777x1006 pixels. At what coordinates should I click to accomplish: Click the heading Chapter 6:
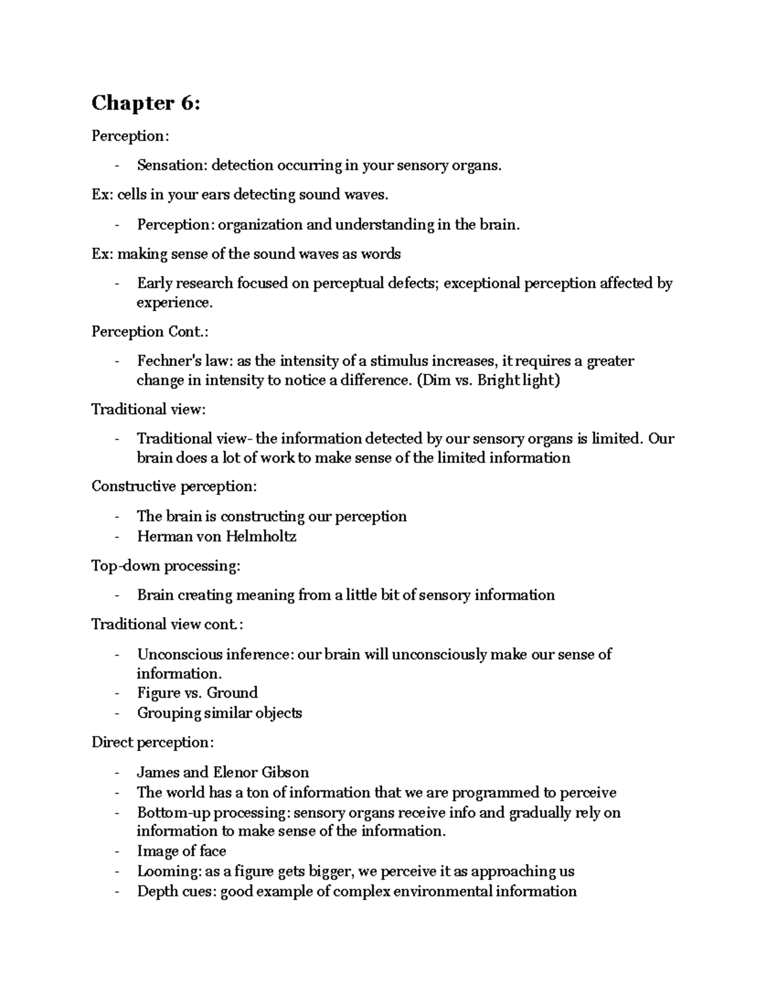[x=146, y=103]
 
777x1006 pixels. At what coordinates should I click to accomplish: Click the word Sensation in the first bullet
[x=170, y=165]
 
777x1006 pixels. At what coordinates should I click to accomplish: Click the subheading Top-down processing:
[x=166, y=566]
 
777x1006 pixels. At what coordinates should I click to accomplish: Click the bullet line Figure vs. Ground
[x=197, y=693]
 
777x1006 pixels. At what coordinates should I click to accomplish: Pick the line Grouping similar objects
[x=220, y=713]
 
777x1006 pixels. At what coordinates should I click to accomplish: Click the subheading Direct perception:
[x=152, y=742]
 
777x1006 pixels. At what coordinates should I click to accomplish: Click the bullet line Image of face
[x=181, y=851]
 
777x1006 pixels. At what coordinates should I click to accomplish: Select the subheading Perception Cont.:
[x=150, y=332]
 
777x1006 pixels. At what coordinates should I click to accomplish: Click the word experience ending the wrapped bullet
[x=173, y=303]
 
